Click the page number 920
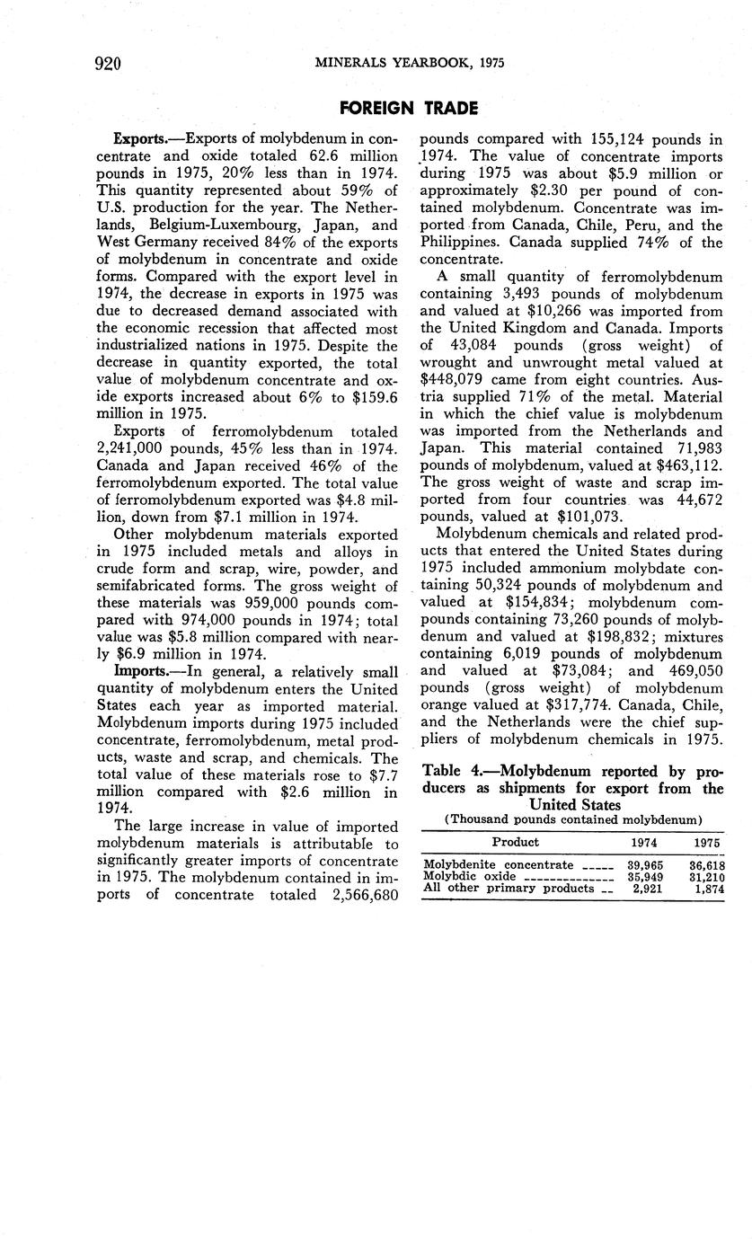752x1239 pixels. click(106, 62)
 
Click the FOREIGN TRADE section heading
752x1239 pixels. click(409, 109)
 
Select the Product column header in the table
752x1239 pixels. click(516, 842)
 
